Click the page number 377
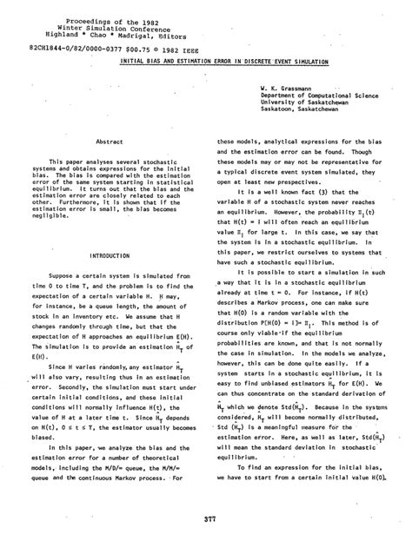(205, 519)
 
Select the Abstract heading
(104, 141)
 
